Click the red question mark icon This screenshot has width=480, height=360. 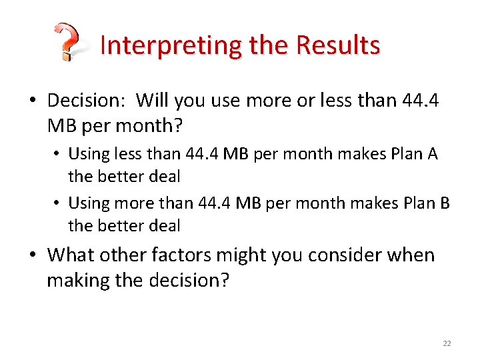click(67, 43)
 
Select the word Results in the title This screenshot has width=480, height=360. click(339, 45)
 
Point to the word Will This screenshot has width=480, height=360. click(153, 101)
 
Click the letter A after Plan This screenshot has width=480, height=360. click(432, 154)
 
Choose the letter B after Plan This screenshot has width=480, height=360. click(445, 202)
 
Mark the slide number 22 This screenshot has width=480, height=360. click(447, 343)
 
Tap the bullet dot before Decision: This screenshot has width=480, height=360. click(33, 101)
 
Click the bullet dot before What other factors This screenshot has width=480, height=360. click(33, 256)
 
